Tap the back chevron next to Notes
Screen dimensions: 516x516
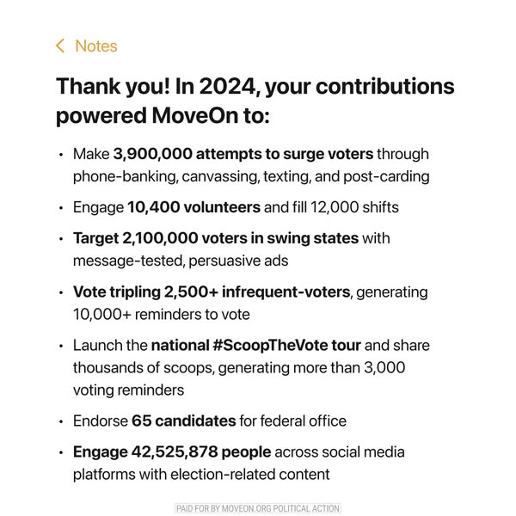(x=60, y=46)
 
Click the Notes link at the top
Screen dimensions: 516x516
(x=95, y=46)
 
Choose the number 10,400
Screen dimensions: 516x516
(x=150, y=207)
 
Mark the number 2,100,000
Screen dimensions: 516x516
(x=159, y=238)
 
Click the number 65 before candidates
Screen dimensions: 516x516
(x=140, y=421)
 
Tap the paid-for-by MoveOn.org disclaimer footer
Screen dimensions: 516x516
(x=258, y=508)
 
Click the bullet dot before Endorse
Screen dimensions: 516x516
(x=61, y=421)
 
